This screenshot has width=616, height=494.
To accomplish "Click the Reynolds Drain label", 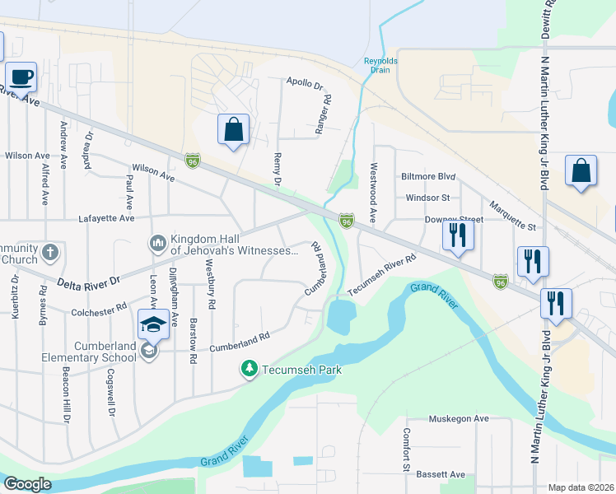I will tap(380, 65).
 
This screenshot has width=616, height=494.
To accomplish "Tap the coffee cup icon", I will tap(21, 77).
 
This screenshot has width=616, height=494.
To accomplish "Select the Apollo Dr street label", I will tap(305, 82).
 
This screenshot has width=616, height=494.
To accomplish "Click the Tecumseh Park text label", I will tap(301, 370).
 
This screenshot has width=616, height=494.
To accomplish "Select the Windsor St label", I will tap(427, 198).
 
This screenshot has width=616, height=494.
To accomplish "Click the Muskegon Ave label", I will tap(459, 419).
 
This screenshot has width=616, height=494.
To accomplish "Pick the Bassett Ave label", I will tap(441, 474).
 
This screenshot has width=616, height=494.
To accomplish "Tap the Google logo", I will tap(27, 484).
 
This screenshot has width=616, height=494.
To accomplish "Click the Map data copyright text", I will tap(581, 487).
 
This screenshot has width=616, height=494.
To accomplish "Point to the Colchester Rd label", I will tap(99, 305).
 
